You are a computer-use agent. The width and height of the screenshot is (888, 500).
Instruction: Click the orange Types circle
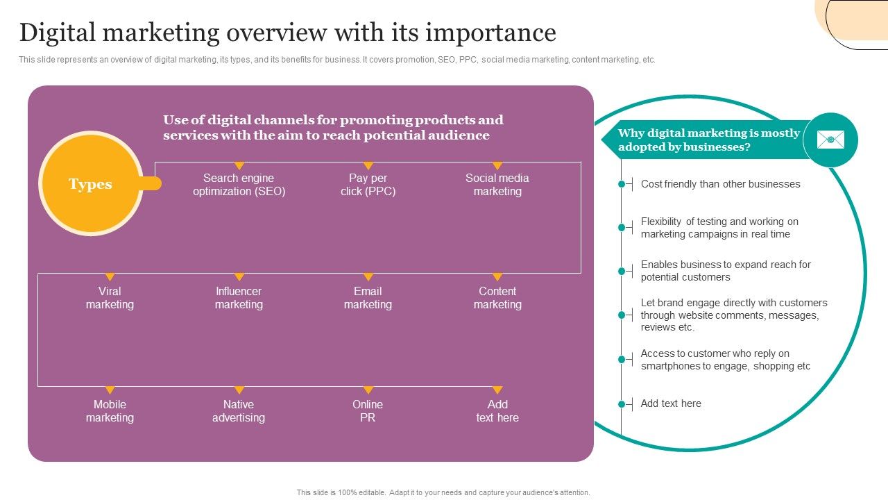tap(90, 184)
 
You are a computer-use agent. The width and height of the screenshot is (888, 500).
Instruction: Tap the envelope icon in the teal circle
tap(830, 140)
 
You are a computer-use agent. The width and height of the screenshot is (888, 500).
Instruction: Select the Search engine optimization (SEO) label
tap(239, 185)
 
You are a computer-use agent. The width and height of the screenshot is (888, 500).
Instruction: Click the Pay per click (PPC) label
tap(368, 185)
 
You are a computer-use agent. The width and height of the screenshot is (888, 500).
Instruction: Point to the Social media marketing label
tap(497, 185)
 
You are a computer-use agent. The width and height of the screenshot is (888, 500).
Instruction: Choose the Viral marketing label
tap(110, 298)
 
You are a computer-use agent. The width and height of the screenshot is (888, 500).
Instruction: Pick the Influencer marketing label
tap(239, 298)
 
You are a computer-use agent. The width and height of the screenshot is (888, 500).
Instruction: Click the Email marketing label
tap(368, 298)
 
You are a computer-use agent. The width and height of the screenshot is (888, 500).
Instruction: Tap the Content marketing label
tap(497, 298)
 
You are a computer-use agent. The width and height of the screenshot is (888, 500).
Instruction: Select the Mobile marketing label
tap(110, 411)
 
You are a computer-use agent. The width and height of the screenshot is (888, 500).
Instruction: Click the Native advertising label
tap(239, 411)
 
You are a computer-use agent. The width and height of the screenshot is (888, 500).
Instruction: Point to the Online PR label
tap(368, 411)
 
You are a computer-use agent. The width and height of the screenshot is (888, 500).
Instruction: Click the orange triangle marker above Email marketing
tap(368, 277)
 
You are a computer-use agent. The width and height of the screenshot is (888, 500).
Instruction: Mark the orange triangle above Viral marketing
tap(110, 277)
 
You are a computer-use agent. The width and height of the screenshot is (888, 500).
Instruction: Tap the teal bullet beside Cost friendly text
tap(622, 184)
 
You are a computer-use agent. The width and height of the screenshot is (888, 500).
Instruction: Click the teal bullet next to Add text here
tap(622, 403)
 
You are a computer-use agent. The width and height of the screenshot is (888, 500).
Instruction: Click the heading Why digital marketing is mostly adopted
tap(708, 140)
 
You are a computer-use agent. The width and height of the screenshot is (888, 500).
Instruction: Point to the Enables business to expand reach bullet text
tap(725, 271)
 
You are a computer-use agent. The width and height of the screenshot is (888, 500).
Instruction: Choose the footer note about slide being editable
tap(443, 492)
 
